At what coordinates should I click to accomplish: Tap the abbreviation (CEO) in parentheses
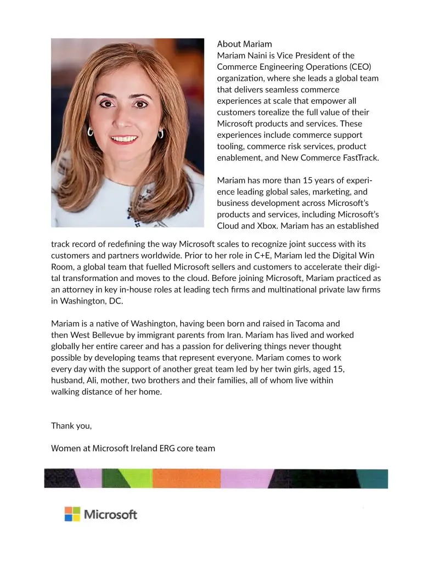point(359,67)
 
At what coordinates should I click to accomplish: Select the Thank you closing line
point(71,426)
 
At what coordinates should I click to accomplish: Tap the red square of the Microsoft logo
point(68,510)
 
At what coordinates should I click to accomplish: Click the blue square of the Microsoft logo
point(68,518)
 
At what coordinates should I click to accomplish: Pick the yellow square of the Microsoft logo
point(76,518)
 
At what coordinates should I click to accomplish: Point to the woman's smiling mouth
point(124,138)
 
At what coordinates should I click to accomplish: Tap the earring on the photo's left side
point(90,132)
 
